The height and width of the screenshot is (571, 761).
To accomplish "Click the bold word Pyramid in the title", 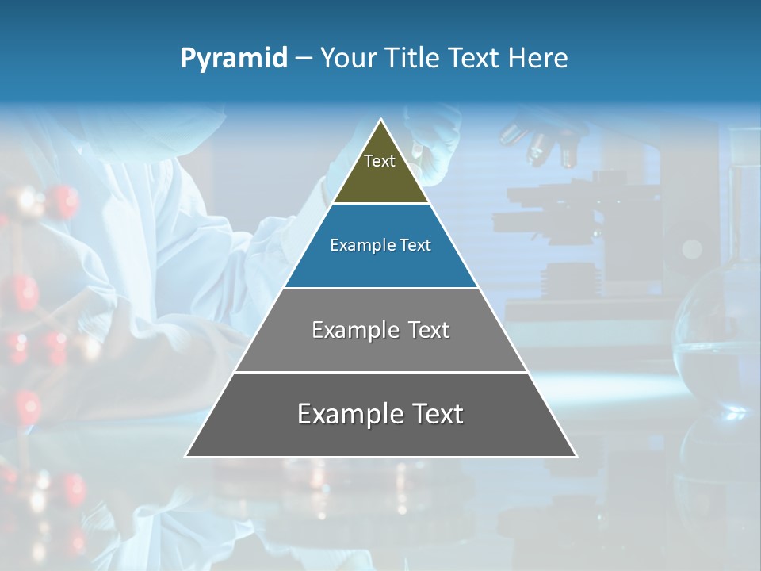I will (233, 59).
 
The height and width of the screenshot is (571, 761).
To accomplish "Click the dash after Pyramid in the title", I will (303, 59).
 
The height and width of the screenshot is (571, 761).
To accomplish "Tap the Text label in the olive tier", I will (380, 161).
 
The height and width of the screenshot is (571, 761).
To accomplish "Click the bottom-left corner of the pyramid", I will (186, 456).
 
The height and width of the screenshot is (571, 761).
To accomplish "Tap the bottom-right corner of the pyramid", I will (576, 456).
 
